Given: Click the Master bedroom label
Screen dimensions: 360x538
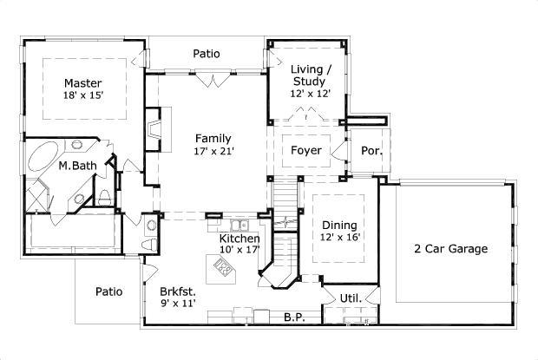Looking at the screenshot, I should [x=83, y=83].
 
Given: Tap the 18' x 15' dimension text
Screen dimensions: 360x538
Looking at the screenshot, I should [x=83, y=95].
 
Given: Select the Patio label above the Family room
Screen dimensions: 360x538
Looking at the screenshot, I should [x=207, y=54].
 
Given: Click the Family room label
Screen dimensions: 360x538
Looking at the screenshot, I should [x=213, y=138].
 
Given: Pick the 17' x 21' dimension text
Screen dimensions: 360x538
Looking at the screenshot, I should [x=213, y=151].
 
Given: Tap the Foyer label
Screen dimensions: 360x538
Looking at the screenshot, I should [x=305, y=151].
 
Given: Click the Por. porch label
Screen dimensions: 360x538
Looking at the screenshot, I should [x=371, y=151].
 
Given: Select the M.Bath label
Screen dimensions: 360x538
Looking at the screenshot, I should [x=76, y=165].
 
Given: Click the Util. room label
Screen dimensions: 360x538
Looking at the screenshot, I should [x=350, y=298].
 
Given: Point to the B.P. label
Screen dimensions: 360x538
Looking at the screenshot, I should [x=294, y=318].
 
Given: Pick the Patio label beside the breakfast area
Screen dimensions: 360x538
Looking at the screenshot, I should [x=108, y=291].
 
